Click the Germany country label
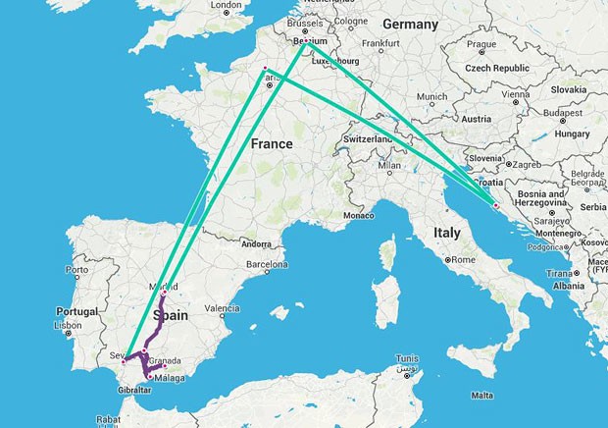pos(411,23)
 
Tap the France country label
pos(272,143)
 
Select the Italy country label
pos(447,234)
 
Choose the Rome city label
pos(465,259)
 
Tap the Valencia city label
pos(223,308)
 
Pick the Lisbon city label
pos(68,325)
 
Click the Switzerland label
pos(369,139)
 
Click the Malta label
pos(481,395)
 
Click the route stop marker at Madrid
pos(164,294)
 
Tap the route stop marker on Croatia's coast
pos(496,206)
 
